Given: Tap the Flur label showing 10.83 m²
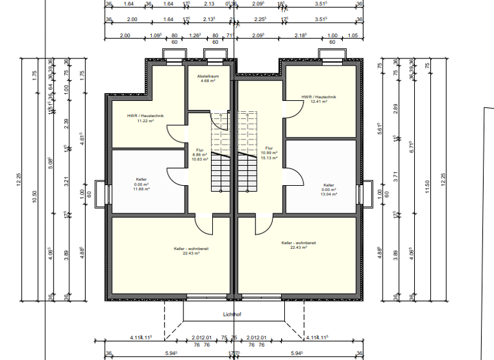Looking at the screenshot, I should coord(199,155).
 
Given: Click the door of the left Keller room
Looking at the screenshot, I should coord(177,177).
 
